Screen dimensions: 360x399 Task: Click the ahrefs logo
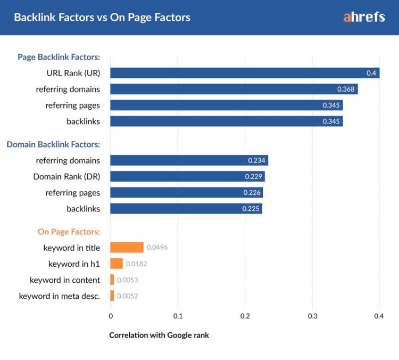point(364,17)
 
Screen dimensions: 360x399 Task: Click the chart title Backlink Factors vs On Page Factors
point(102,18)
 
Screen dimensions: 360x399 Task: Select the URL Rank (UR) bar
point(245,73)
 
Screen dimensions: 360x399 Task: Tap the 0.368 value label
point(346,89)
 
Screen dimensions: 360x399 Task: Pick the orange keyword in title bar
point(127,248)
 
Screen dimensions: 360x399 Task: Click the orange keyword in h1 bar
point(117,264)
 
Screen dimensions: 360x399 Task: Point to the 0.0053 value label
point(128,280)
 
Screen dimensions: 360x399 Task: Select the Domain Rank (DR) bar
point(187,177)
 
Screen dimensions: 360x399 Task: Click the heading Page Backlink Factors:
point(59,57)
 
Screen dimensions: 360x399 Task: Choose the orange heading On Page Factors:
point(69,232)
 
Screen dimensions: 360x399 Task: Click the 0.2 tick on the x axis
point(245,316)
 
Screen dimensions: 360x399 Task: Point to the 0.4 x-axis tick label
point(379,316)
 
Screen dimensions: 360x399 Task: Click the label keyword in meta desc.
point(60,296)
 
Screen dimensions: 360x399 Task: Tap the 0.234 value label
point(257,160)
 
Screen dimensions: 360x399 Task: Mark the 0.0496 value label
point(157,248)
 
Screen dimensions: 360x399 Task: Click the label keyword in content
point(65,280)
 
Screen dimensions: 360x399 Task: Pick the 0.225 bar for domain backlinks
point(186,209)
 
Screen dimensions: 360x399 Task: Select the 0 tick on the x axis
point(111,316)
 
